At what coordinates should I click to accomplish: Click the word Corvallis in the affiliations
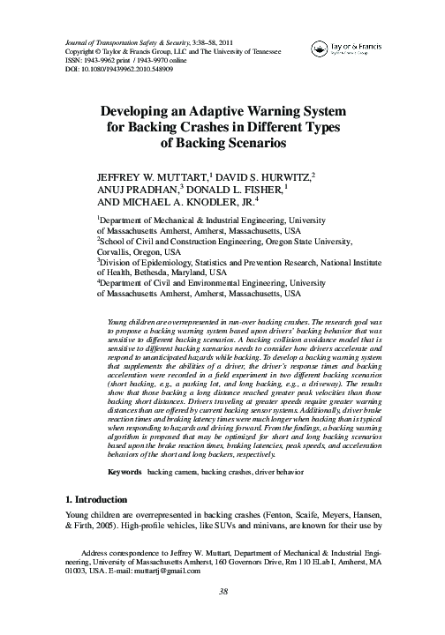118,261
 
